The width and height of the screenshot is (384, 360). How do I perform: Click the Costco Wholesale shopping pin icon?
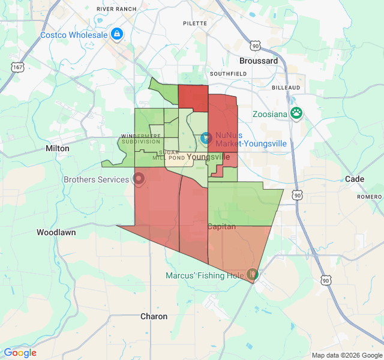[x=117, y=34]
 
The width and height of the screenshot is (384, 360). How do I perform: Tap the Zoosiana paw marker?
[x=296, y=112]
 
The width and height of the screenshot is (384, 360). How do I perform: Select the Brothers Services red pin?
[x=139, y=179]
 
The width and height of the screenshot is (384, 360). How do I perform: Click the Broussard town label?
[x=259, y=61]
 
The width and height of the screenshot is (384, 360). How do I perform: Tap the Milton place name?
[x=58, y=148]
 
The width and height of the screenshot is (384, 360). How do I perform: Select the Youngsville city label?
[x=208, y=157]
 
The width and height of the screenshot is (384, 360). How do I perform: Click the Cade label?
[x=355, y=179]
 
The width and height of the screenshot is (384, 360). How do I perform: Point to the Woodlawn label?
[x=56, y=232]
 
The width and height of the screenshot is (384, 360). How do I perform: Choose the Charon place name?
[x=154, y=316]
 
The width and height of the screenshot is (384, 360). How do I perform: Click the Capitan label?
[x=221, y=226]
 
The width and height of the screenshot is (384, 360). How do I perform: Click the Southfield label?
[x=228, y=73]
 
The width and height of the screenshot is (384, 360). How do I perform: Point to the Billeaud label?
[x=286, y=88]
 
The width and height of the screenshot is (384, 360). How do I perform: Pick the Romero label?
[x=369, y=197]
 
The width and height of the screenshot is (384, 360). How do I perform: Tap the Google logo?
[x=20, y=353]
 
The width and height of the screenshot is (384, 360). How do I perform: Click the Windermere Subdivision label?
[x=140, y=139]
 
